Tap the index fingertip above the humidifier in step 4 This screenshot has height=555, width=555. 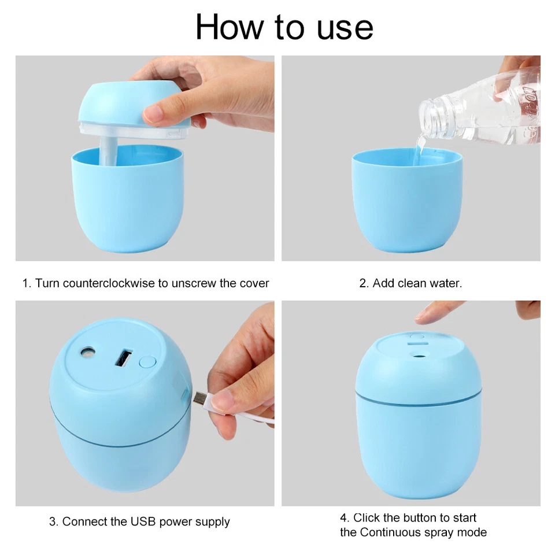pyautogui.click(x=421, y=317)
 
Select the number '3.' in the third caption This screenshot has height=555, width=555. pyautogui.click(x=54, y=521)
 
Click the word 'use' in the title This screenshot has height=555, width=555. pyautogui.click(x=345, y=27)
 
